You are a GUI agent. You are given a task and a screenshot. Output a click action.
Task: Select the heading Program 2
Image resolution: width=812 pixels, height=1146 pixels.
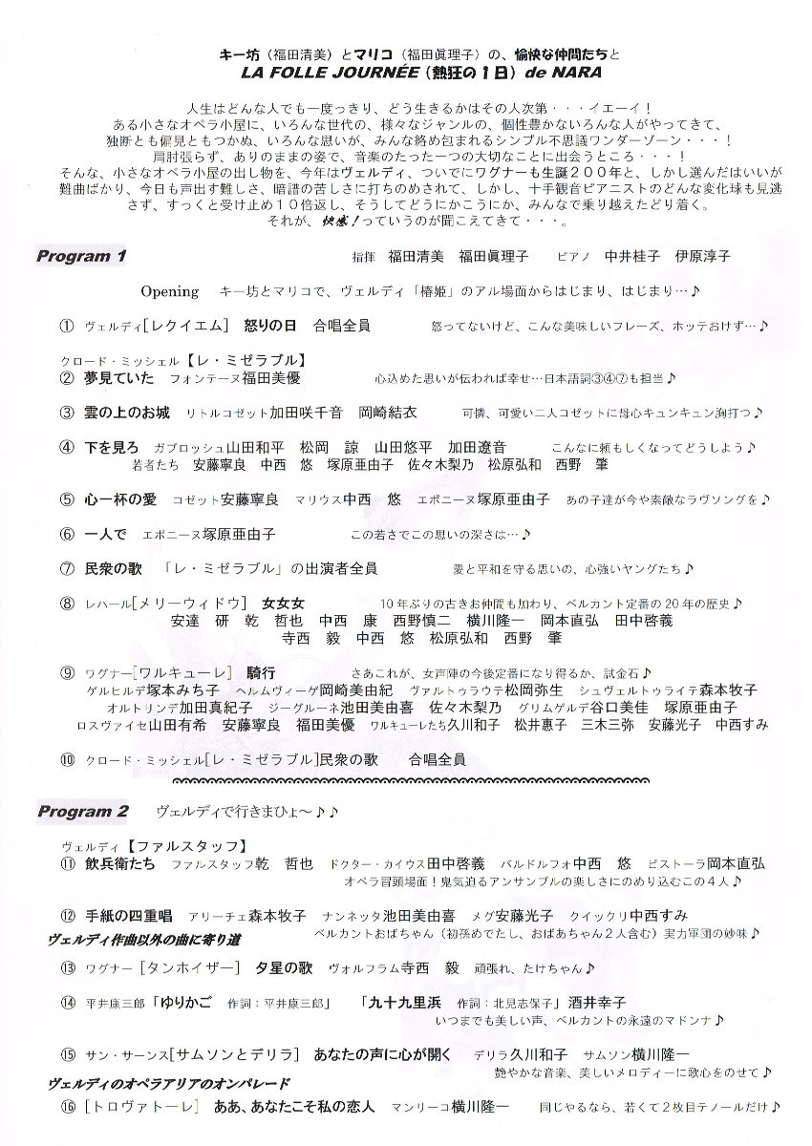(83, 812)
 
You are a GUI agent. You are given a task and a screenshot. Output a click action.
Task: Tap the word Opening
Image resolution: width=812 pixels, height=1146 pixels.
(170, 291)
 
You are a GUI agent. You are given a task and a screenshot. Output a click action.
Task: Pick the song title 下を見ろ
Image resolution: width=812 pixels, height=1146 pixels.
(112, 447)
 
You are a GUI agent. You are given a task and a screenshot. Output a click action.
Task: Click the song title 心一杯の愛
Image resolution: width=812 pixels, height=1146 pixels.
(119, 499)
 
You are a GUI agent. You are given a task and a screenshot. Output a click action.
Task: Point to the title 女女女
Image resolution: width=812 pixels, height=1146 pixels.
(283, 603)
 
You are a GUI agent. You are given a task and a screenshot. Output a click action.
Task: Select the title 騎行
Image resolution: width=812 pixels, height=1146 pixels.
(260, 672)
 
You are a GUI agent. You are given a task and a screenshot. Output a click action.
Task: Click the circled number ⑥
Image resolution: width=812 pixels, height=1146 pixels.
(67, 534)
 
